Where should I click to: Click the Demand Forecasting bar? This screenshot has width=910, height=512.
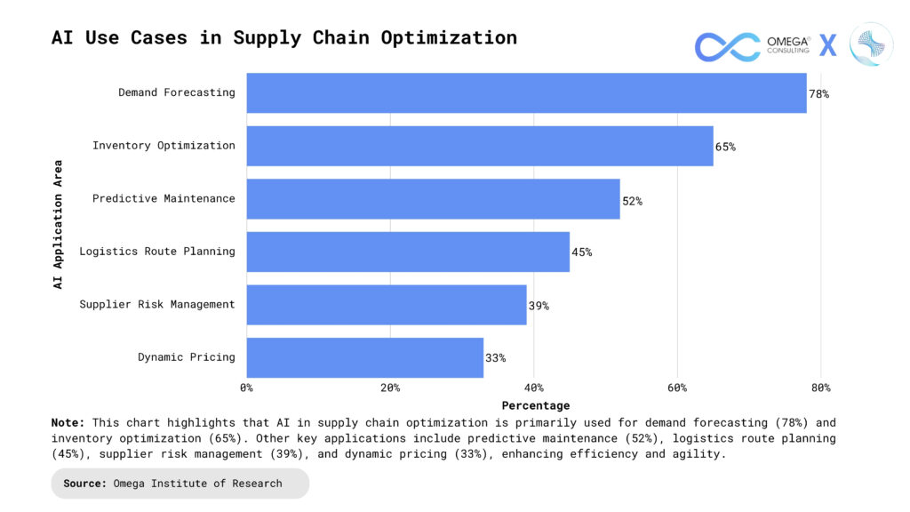[526, 92]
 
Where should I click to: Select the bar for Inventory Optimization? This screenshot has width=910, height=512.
[480, 146]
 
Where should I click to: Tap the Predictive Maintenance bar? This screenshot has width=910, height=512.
[433, 199]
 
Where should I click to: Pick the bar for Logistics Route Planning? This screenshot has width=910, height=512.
[408, 252]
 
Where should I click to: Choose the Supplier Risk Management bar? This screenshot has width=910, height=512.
[387, 305]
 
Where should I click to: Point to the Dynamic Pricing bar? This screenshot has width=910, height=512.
[364, 357]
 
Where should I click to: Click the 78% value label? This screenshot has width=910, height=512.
[818, 93]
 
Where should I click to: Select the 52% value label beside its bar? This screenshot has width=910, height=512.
[632, 201]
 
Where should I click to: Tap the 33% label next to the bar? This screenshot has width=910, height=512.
[495, 358]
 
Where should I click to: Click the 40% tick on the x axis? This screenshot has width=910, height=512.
[533, 388]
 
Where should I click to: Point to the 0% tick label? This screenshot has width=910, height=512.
[247, 388]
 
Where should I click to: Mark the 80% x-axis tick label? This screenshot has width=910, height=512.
[820, 388]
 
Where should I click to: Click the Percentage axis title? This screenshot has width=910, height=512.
[533, 405]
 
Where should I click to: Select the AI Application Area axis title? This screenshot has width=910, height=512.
[58, 224]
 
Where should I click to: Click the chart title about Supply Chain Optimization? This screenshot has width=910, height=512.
[284, 38]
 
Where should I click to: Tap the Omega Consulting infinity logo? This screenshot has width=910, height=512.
[727, 45]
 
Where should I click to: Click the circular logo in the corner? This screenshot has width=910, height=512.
[871, 44]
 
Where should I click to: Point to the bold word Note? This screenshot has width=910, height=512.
[68, 423]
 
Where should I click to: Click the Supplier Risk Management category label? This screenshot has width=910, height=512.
[157, 305]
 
